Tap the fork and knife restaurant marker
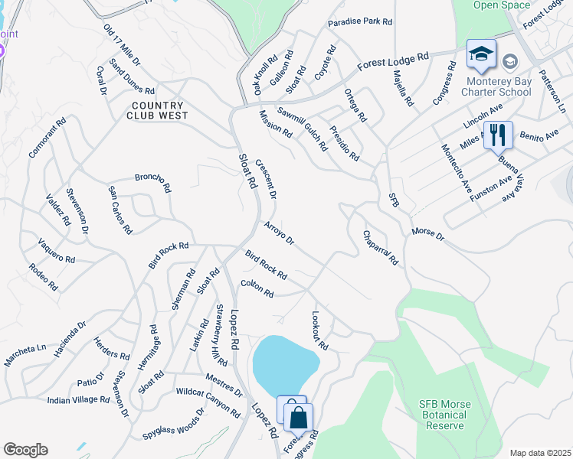498,135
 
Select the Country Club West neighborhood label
157,111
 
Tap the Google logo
25,450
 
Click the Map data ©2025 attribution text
539,453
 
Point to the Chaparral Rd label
381,248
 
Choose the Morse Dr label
427,233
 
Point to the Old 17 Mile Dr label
123,45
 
